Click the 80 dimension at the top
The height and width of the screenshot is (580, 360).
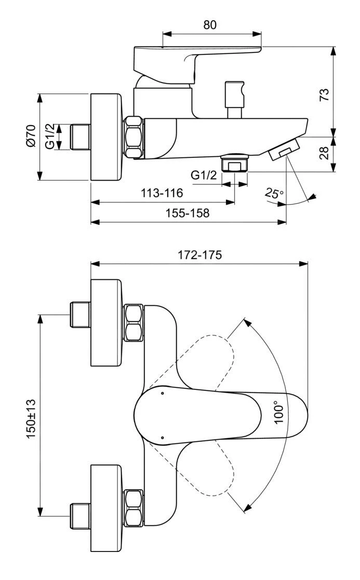coord(210,24)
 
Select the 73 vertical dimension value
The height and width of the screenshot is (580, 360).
coord(324,94)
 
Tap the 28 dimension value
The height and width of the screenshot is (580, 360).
coord(324,154)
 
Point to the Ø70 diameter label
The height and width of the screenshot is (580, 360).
coord(30,137)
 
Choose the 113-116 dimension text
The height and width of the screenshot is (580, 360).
coord(162,193)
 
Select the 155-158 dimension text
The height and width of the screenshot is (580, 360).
coord(188,213)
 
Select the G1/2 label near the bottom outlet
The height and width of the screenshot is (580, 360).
coord(204,175)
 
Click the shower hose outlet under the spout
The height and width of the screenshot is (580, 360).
coord(235,163)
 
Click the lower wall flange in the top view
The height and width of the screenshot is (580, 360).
coord(106,491)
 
